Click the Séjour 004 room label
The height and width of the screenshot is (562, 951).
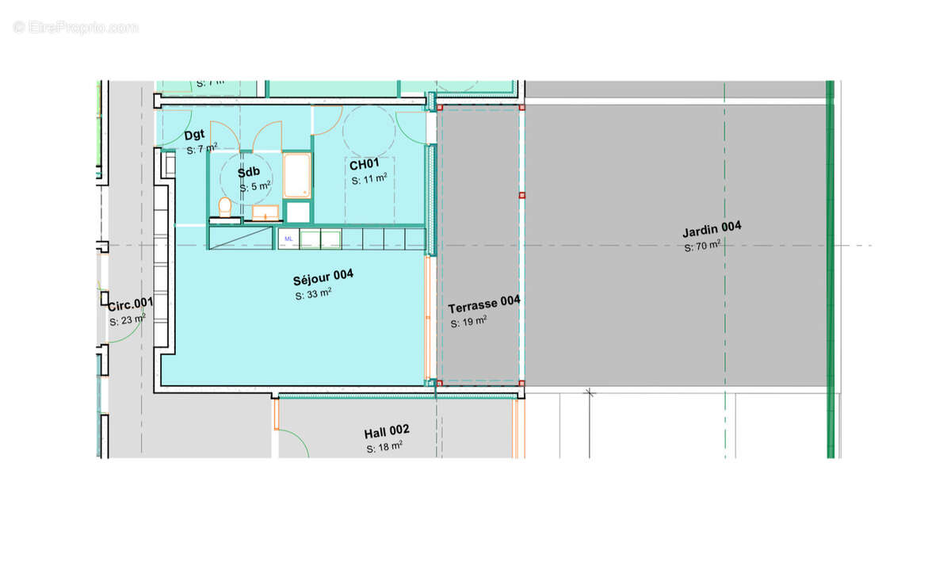(323, 276)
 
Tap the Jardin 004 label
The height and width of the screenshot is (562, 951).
(712, 230)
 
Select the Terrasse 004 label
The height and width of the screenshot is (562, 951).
(483, 305)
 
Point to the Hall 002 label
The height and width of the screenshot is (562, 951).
(387, 432)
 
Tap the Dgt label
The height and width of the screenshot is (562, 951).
(194, 135)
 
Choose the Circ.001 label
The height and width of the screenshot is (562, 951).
(130, 303)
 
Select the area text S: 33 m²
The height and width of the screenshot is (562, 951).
(313, 293)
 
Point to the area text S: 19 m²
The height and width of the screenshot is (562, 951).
(468, 322)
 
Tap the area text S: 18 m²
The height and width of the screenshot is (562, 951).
(384, 448)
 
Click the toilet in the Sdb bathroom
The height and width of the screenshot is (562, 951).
(224, 208)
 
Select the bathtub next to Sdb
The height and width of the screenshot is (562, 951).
(297, 174)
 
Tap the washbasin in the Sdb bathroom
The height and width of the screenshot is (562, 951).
(265, 212)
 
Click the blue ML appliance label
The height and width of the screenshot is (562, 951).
(288, 238)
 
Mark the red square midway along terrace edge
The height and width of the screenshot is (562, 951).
(521, 195)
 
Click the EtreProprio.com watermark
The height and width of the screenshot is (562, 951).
(75, 28)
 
